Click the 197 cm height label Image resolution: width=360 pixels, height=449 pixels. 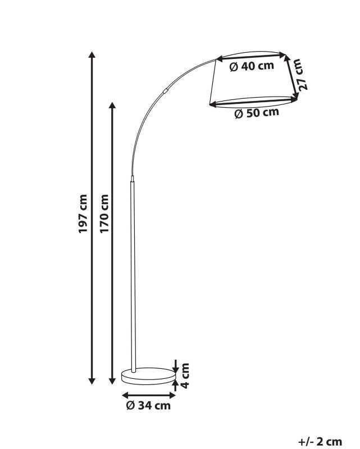tap(83, 214)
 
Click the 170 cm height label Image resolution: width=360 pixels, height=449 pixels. tap(104, 214)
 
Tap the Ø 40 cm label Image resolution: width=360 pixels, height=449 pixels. tap(252, 66)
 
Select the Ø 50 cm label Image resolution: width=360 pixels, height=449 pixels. tap(256, 112)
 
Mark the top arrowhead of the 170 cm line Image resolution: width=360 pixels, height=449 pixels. tap(113, 106)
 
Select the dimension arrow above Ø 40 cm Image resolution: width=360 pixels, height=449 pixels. tap(251, 55)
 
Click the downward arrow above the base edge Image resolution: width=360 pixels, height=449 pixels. tap(175, 366)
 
